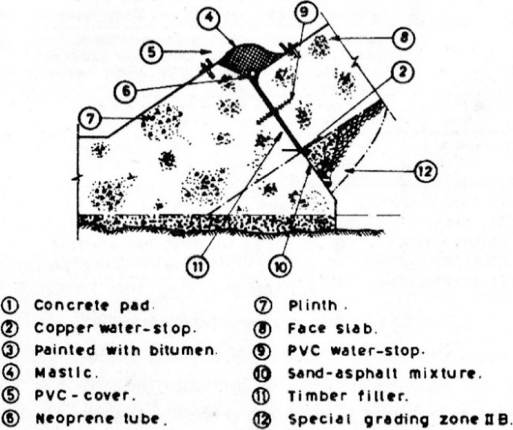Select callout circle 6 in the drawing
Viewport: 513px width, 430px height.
pos(128,90)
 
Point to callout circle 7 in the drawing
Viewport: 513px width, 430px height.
pos(90,118)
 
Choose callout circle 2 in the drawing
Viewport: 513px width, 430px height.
pos(403,73)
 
